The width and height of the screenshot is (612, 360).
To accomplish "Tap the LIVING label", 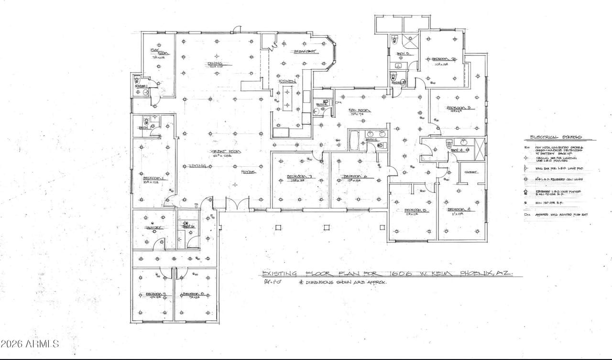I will click(x=197, y=166).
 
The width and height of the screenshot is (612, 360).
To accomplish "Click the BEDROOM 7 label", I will click(x=299, y=177).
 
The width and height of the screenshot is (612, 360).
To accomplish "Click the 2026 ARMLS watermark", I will click(x=30, y=344).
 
